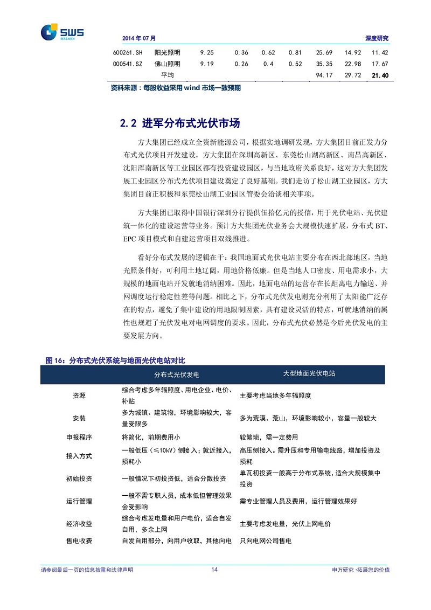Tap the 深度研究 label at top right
377,38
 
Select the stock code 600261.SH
128,53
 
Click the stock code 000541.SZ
128,64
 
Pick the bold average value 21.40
380,75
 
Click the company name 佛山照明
167,64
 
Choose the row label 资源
79,396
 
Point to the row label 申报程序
79,437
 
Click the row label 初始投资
79,479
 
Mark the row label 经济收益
79,523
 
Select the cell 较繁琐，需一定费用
269,437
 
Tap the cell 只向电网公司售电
265,540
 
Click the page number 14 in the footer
214,570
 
